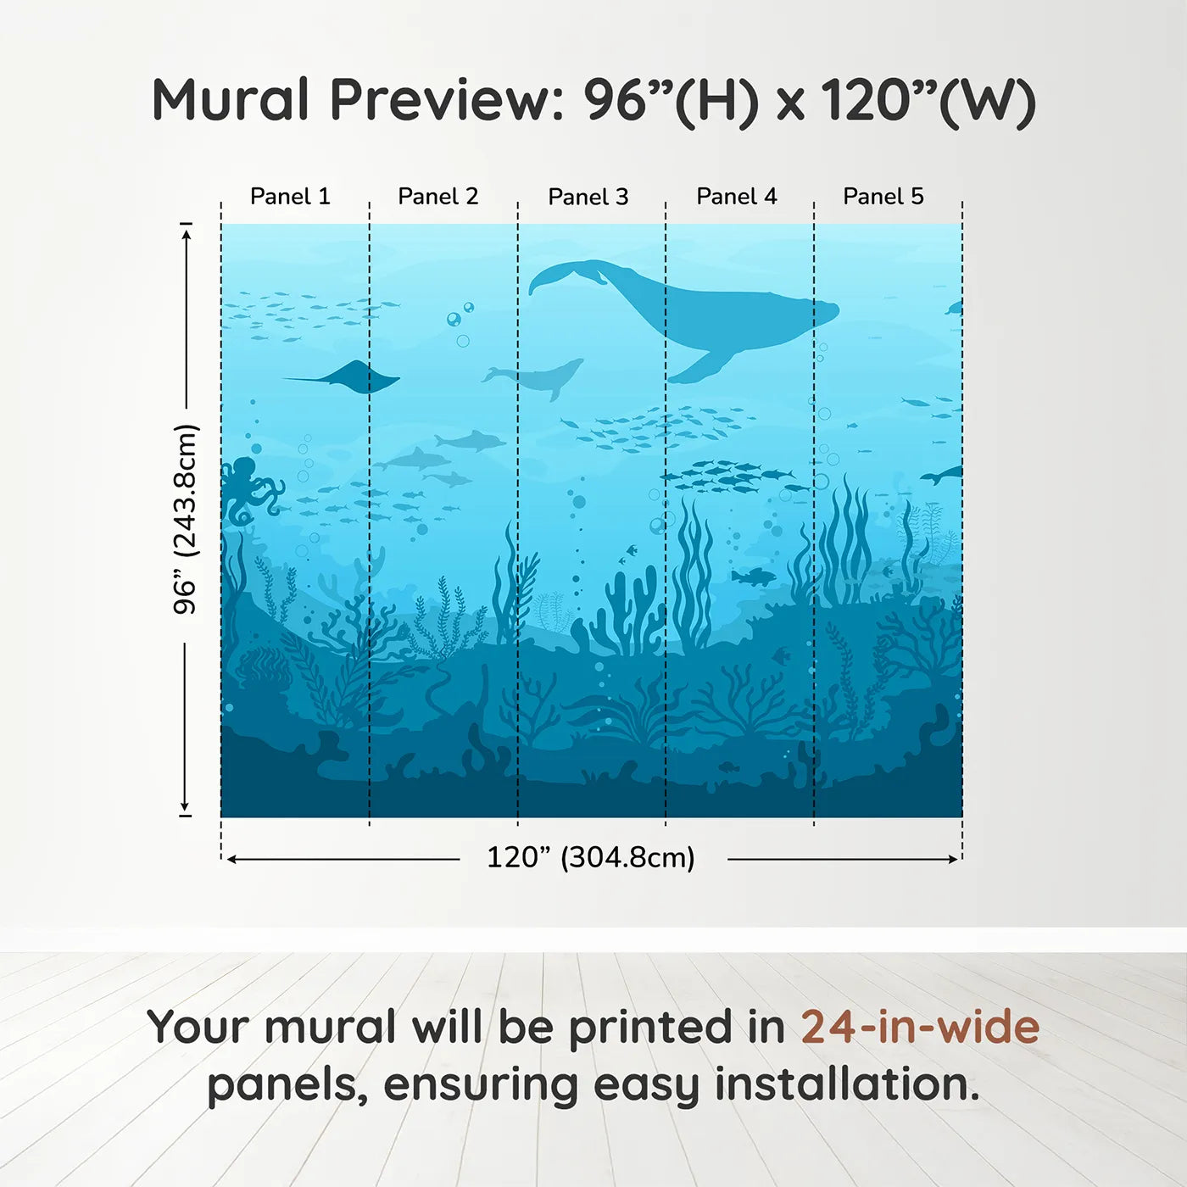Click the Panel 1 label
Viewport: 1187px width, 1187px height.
click(290, 197)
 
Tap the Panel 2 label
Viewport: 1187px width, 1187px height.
click(438, 197)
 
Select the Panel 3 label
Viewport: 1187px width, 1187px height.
click(588, 198)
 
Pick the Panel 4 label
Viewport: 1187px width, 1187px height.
click(737, 197)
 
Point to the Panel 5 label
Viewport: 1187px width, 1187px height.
click(883, 197)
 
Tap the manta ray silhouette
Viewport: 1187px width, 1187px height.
click(352, 377)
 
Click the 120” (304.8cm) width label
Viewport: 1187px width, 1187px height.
click(591, 857)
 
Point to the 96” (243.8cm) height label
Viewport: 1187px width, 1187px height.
click(186, 519)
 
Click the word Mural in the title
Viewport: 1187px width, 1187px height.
click(231, 100)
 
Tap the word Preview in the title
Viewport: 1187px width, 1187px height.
click(441, 100)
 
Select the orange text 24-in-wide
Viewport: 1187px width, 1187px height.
click(920, 1028)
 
